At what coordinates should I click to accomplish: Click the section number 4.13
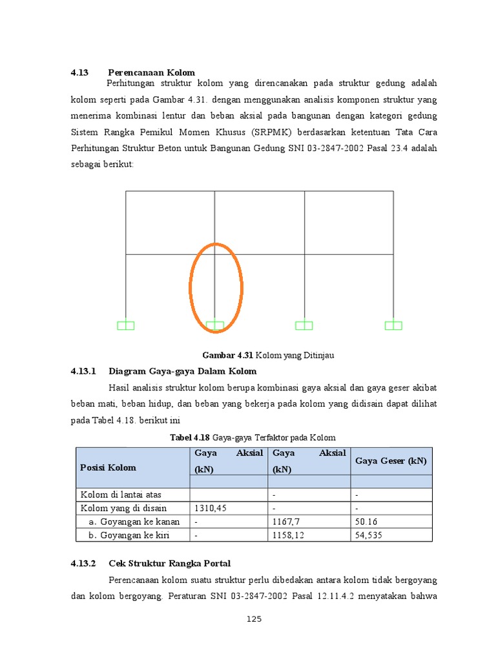click(x=79, y=72)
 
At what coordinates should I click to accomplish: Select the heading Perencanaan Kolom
click(x=151, y=72)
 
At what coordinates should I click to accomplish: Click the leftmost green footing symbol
click(x=126, y=325)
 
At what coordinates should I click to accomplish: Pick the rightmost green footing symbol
click(x=393, y=325)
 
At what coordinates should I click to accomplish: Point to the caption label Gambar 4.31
click(x=228, y=355)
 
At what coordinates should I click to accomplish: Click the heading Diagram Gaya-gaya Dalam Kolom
click(x=183, y=371)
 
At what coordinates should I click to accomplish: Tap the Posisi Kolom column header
click(x=108, y=467)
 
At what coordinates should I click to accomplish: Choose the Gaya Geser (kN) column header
click(x=391, y=461)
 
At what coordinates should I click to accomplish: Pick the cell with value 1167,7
click(x=288, y=522)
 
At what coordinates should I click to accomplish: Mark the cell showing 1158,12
click(x=291, y=534)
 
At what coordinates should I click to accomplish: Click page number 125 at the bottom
click(x=254, y=620)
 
